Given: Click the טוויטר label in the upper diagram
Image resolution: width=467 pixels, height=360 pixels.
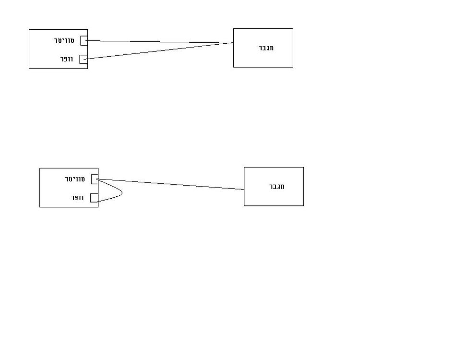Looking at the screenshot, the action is pos(64,40).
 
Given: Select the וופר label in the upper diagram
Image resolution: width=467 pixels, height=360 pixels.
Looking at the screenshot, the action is pos(67,59).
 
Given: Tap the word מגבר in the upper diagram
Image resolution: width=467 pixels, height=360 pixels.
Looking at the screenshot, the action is pos(266,48).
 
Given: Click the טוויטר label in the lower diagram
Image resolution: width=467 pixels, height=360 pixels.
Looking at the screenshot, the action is pos(75,179).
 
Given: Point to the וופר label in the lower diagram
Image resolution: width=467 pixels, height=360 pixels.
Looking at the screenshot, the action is pos(77,198).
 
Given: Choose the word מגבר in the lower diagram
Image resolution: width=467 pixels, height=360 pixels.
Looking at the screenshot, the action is pos(276,187).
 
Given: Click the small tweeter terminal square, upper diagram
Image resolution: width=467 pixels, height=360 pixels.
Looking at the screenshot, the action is pos(84,41).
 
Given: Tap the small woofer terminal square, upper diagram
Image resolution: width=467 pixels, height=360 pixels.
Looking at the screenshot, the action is pos(84,59).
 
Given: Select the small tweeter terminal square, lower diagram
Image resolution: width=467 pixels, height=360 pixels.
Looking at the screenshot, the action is pos(95,180).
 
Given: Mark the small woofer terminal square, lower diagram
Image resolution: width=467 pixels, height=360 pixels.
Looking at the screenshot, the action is pos(94,198).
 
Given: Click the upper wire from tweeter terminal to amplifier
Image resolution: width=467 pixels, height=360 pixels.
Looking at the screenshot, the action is pos(160,42).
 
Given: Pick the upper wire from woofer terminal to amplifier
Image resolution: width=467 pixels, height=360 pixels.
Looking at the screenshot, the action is pos(159,51).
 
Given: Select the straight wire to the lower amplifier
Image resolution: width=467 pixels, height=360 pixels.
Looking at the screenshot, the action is pos(170,184).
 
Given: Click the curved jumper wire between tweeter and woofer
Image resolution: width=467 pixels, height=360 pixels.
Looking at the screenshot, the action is pos(122,193).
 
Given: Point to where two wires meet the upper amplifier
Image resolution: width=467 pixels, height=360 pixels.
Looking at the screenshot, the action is pos(233,43).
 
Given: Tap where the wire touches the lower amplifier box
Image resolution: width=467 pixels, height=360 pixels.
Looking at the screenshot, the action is pos(244,190).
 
